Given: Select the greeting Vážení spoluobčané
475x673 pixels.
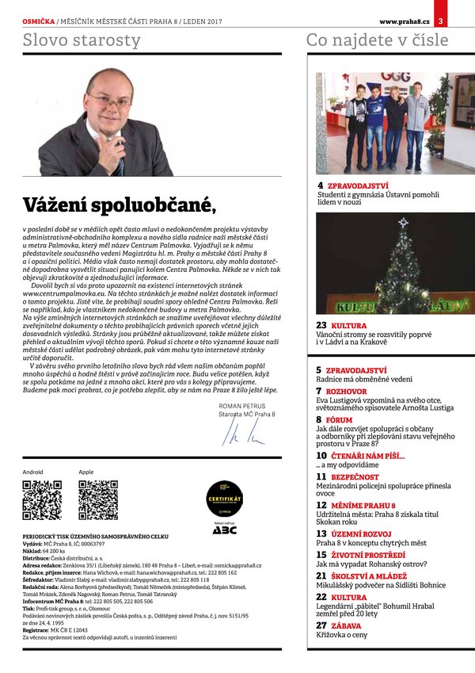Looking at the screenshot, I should (x=119, y=206).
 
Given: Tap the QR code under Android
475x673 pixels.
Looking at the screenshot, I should (x=41, y=500).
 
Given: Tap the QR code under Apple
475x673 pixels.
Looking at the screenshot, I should (x=98, y=500).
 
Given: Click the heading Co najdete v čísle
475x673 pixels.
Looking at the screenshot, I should (x=377, y=39).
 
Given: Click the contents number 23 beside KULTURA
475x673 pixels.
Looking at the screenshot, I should (x=321, y=326).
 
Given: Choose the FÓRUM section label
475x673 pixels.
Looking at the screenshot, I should (x=339, y=420).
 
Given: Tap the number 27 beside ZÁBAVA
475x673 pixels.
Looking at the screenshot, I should (x=321, y=625).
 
